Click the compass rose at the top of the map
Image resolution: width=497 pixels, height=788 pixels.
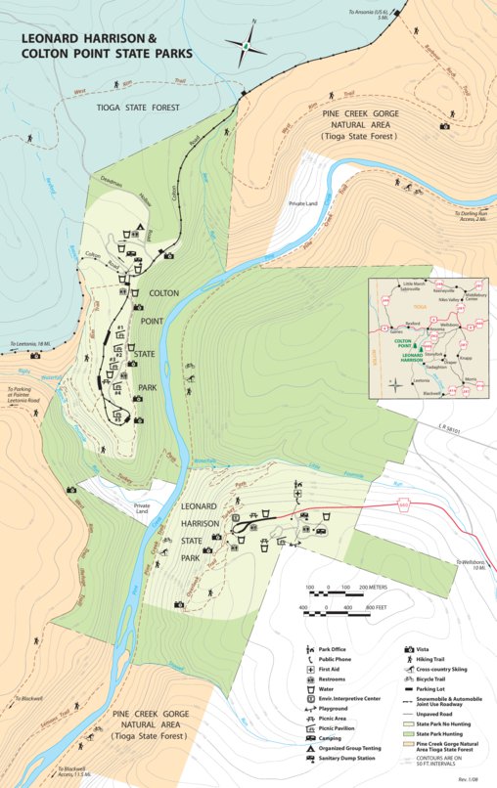[248, 44]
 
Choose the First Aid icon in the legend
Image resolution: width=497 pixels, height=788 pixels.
[310, 669]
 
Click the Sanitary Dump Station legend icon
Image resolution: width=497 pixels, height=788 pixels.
[310, 758]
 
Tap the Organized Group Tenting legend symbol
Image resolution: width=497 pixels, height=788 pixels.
[310, 745]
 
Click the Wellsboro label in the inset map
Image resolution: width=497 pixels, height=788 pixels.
[449, 324]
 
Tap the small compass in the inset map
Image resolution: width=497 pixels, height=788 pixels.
[394, 383]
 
